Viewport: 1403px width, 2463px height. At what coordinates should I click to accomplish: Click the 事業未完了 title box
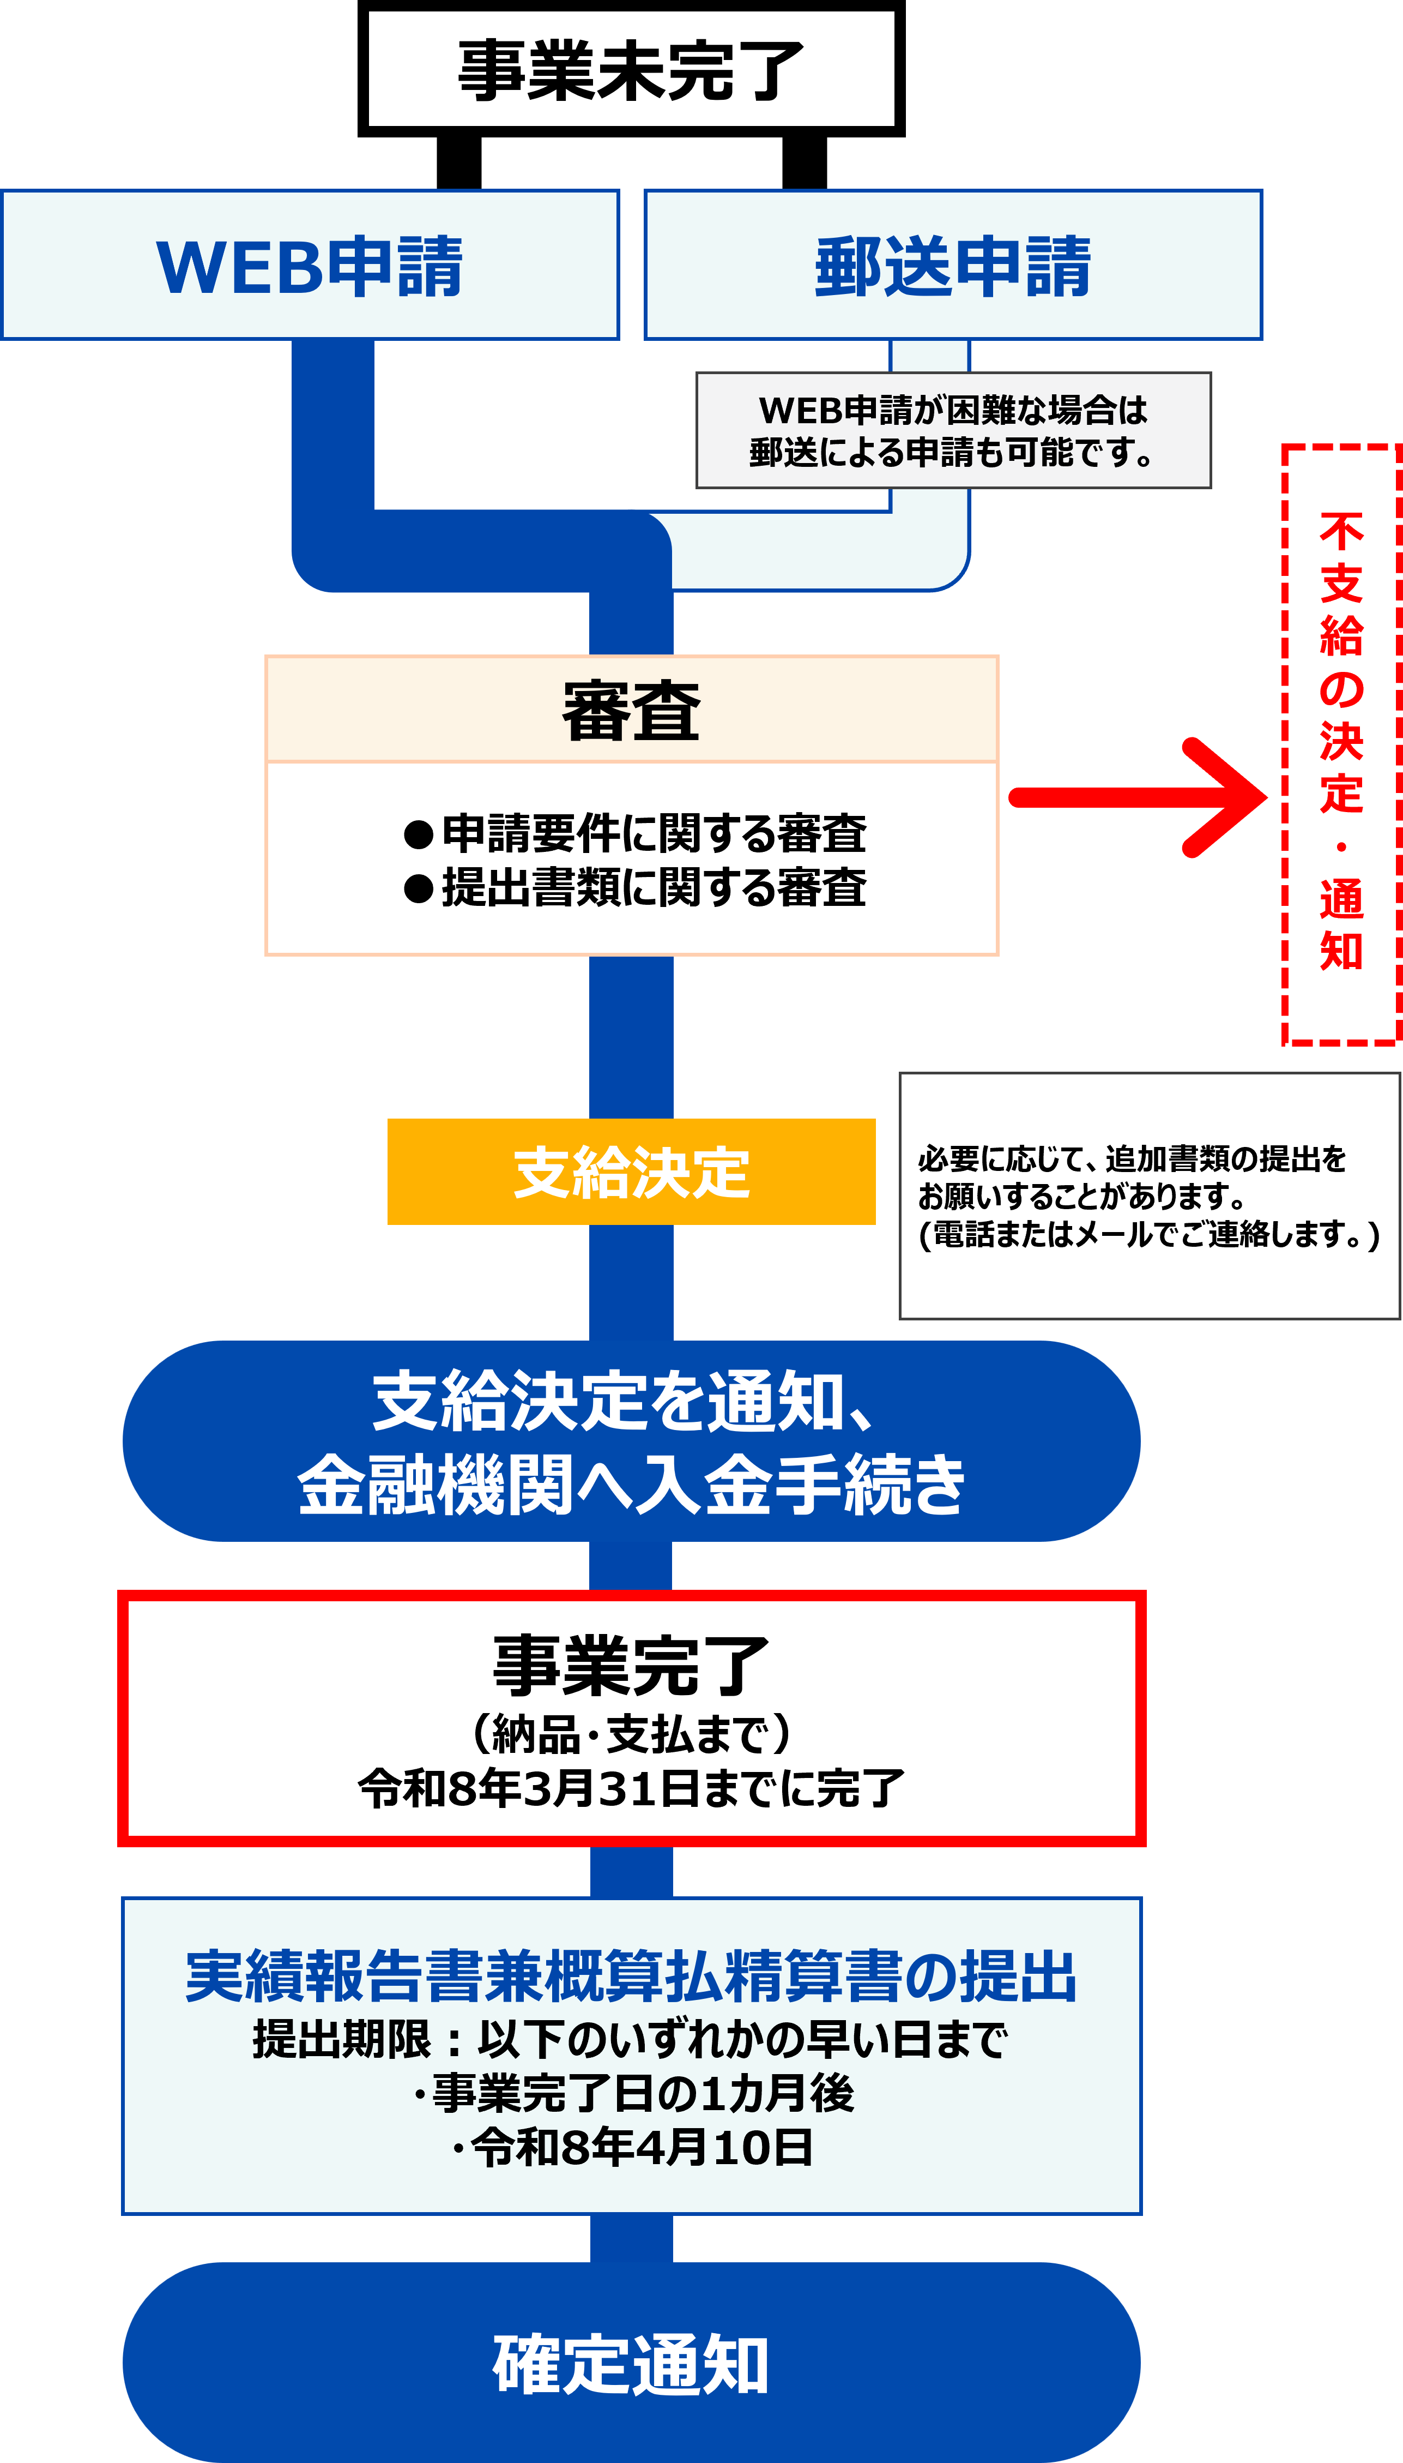pyautogui.click(x=631, y=69)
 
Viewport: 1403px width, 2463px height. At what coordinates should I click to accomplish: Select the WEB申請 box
pyautogui.click(x=309, y=265)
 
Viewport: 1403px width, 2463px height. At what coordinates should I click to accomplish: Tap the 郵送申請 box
pyautogui.click(x=953, y=265)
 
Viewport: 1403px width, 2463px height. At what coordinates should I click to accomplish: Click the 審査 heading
pyautogui.click(x=631, y=711)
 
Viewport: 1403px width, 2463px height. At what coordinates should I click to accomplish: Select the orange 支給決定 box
pyautogui.click(x=631, y=1172)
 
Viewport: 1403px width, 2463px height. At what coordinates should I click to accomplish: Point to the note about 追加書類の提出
pyautogui.click(x=1148, y=1196)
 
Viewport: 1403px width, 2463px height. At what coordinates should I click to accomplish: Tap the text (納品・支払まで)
pyautogui.click(x=631, y=1733)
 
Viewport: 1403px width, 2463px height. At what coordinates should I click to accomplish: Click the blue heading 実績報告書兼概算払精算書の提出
pyautogui.click(x=631, y=1975)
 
